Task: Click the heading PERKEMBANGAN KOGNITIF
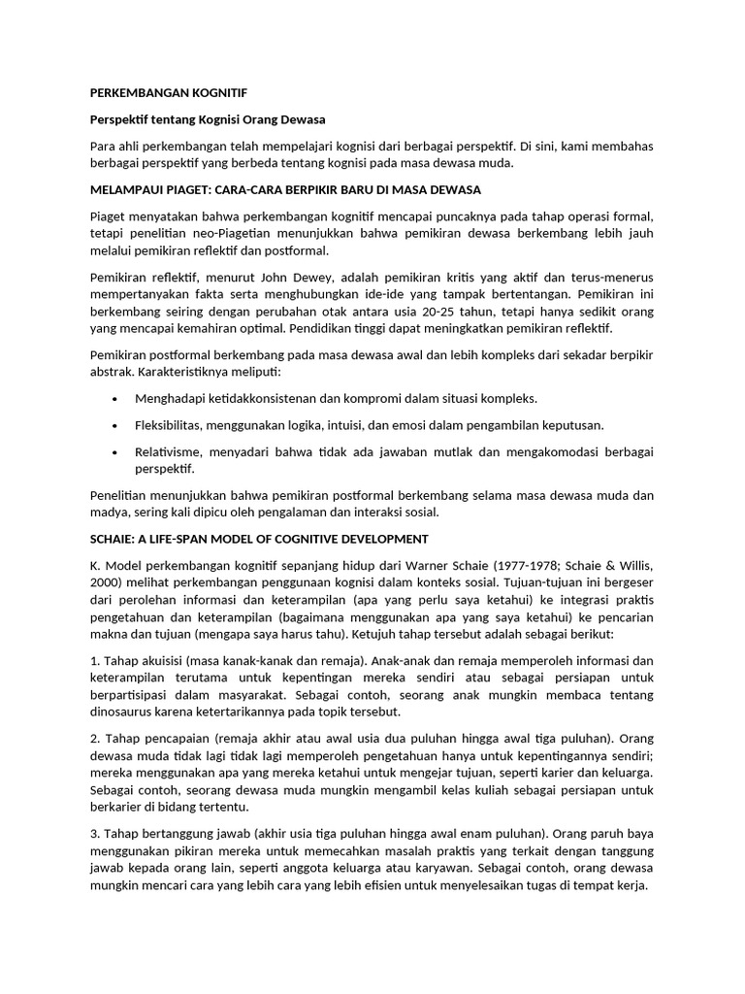[x=168, y=93]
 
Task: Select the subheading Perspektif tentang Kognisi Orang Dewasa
[x=208, y=119]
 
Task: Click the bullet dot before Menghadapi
[x=115, y=399]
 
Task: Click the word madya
[x=109, y=512]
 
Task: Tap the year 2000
[x=105, y=582]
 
